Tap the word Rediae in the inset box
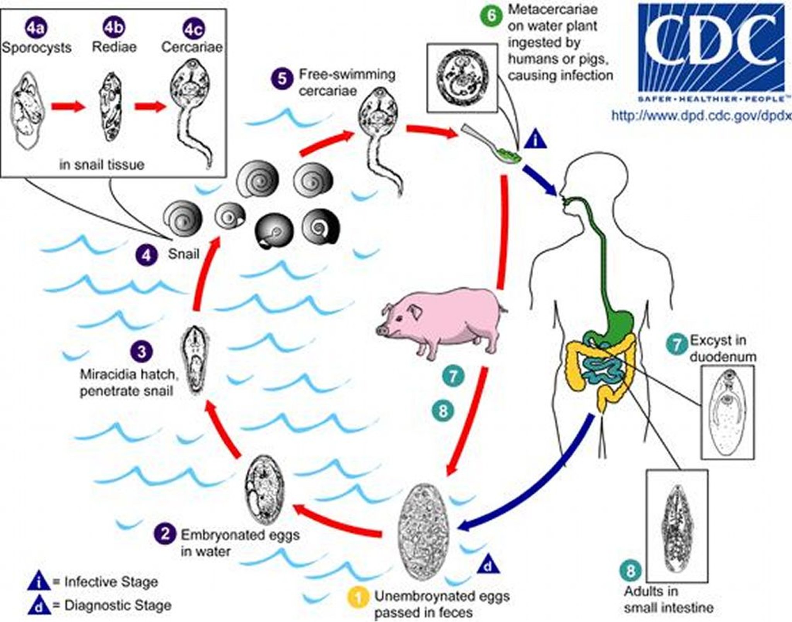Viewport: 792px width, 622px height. (x=114, y=47)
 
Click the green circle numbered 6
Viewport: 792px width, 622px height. (x=491, y=15)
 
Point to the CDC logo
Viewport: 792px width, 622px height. (x=712, y=50)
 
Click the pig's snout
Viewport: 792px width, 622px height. (x=382, y=330)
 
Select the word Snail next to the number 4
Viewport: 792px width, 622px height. (x=184, y=254)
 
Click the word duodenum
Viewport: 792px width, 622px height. (x=723, y=356)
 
